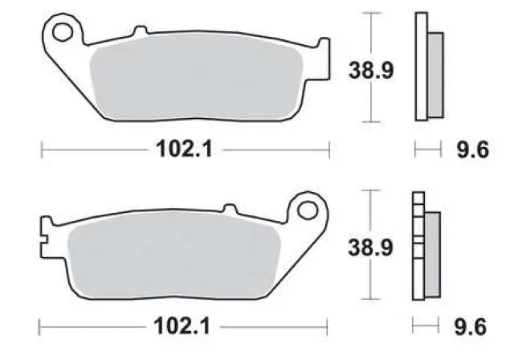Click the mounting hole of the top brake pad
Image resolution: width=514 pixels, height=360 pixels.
pyautogui.click(x=63, y=32)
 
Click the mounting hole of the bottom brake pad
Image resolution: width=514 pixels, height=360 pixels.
pyautogui.click(x=307, y=210)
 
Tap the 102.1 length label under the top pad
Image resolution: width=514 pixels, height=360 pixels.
pyautogui.click(x=185, y=149)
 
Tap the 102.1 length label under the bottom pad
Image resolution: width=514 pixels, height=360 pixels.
pyautogui.click(x=182, y=326)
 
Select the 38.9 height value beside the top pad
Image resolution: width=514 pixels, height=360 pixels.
pyautogui.click(x=371, y=70)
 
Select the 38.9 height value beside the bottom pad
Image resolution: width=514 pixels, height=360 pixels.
pyautogui.click(x=370, y=247)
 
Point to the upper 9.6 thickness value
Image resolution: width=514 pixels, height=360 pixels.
pyautogui.click(x=473, y=149)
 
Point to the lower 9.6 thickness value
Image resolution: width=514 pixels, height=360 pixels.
pyautogui.click(x=471, y=327)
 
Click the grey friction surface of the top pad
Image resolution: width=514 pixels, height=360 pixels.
pyautogui.click(x=196, y=78)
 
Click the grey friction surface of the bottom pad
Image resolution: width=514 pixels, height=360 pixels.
pyautogui.click(x=173, y=255)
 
